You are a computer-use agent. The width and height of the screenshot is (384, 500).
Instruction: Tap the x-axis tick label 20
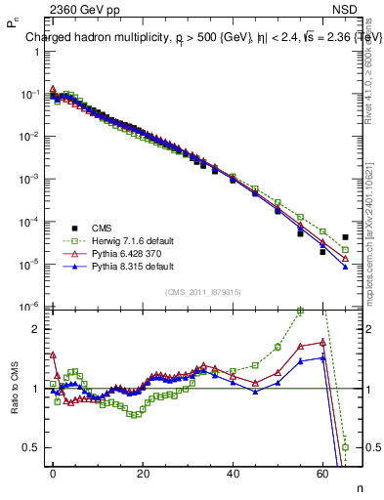coord(143,473)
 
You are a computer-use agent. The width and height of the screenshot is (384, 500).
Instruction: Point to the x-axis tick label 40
coord(233,473)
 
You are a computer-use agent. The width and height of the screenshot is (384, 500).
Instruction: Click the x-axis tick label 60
coord(322,473)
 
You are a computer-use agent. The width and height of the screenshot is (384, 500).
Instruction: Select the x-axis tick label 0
coord(53,473)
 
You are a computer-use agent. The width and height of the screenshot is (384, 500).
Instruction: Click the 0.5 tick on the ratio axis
coord(32,447)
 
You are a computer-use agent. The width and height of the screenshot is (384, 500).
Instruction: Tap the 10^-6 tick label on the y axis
coord(29,307)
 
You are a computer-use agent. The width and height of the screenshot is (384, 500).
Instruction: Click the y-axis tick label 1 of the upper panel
coord(37,51)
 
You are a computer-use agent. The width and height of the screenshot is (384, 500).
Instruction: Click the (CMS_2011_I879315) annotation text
coord(201,291)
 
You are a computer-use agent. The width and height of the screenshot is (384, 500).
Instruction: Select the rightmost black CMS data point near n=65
coord(345,237)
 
